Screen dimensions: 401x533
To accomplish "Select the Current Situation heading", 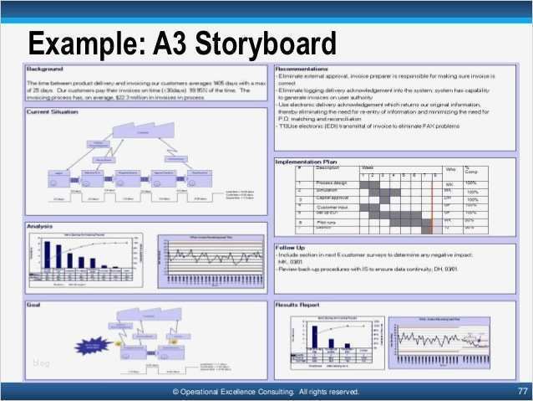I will tap(54, 111).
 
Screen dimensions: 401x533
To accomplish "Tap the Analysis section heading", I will tap(42, 226).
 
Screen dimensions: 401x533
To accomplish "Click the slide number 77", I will tap(522, 391).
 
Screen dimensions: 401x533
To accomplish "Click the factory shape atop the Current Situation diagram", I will tap(142, 132).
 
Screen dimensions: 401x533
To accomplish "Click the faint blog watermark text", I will tap(41, 362).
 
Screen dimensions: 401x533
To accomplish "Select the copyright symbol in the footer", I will tap(175, 391).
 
